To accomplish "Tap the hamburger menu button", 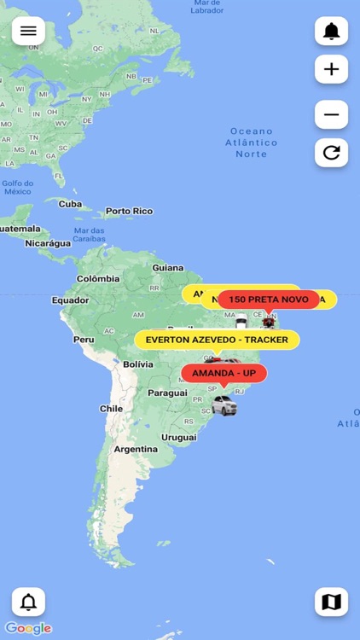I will point(28,31).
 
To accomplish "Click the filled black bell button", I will point(331,32).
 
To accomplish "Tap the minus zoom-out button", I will point(331,114).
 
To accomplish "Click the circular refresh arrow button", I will point(331,153).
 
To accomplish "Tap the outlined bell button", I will point(28,602).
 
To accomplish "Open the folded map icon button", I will point(331,602).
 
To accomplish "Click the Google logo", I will point(28,628).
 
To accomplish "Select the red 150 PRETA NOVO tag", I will point(269,300).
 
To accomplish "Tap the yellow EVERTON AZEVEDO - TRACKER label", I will point(217,340).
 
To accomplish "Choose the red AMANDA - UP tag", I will point(224,374).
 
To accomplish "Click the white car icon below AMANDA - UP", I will point(224,404).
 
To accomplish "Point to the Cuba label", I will point(70,204).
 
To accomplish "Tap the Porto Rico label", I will point(129,211).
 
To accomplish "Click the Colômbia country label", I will point(98,279).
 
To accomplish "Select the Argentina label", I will point(136,449).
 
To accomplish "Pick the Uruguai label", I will point(178,437).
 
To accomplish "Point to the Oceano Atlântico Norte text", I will point(252,143).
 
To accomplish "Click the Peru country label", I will point(84,339).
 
